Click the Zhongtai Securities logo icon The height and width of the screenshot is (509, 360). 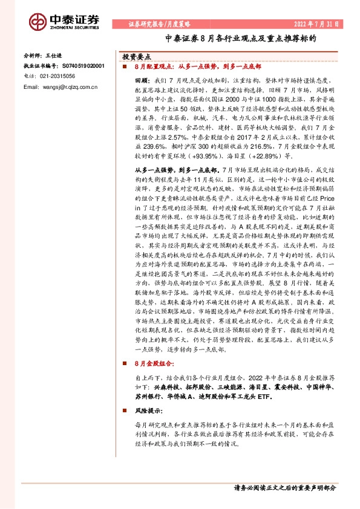pos(38,20)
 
